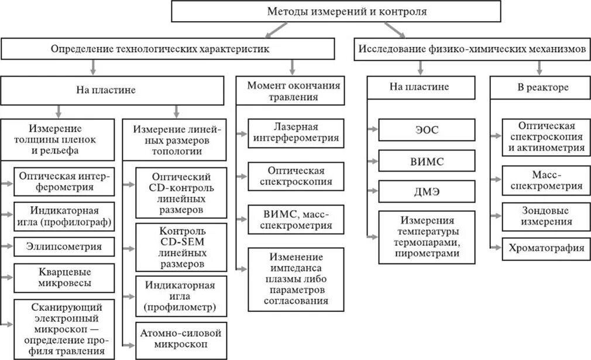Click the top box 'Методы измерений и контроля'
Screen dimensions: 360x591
coord(335,12)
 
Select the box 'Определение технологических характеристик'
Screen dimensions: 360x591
coord(160,50)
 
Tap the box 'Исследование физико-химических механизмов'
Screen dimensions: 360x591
coord(472,50)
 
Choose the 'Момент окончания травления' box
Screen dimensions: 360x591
coord(289,91)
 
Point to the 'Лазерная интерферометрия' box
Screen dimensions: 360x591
coord(296,132)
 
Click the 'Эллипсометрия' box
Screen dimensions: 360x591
coord(63,246)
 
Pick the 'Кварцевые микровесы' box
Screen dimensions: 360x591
coord(63,278)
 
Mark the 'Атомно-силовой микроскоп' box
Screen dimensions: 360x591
coord(181,339)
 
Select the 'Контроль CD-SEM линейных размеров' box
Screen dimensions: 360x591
coord(181,248)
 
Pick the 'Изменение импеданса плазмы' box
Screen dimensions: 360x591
coord(296,279)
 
